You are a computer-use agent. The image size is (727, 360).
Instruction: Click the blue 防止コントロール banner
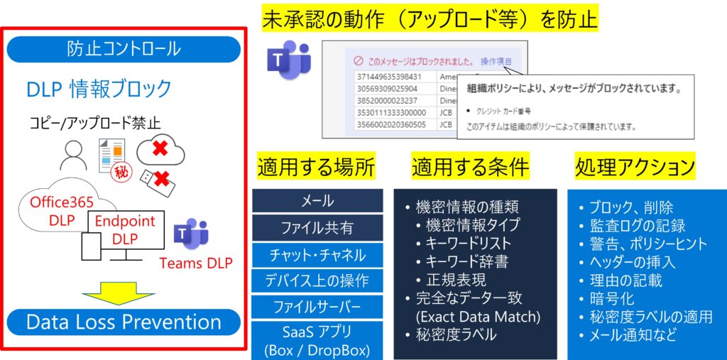pyautogui.click(x=124, y=49)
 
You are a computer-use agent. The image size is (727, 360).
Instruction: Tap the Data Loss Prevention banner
pyautogui.click(x=124, y=322)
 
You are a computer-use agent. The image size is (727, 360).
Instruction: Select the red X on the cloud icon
pyautogui.click(x=160, y=149)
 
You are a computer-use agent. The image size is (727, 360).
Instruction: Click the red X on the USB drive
pyautogui.click(x=161, y=178)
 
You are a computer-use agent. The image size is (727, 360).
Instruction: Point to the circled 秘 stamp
pyautogui.click(x=121, y=173)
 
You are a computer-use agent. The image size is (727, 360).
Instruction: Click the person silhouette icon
pyautogui.click(x=73, y=155)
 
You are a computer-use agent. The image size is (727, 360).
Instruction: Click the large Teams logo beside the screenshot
pyautogui.click(x=288, y=60)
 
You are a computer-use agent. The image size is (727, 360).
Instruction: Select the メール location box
pyautogui.click(x=317, y=201)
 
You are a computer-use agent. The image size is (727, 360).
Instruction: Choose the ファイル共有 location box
pyautogui.click(x=317, y=228)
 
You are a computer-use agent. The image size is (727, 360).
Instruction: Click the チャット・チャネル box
pyautogui.click(x=317, y=255)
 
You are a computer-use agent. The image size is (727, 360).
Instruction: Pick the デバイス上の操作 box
pyautogui.click(x=317, y=280)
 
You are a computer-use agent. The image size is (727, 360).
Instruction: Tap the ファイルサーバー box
pyautogui.click(x=317, y=307)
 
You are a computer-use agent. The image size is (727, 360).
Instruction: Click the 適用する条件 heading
pyautogui.click(x=470, y=167)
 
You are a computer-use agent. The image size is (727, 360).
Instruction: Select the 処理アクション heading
pyautogui.click(x=635, y=167)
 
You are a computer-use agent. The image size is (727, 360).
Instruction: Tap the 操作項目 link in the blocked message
pyautogui.click(x=496, y=61)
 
